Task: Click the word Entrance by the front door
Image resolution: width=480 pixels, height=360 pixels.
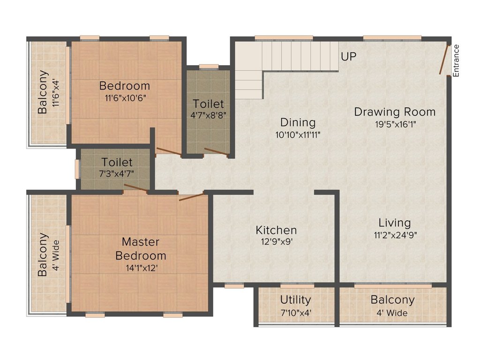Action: click(456, 60)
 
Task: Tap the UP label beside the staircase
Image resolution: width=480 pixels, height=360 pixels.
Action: click(349, 57)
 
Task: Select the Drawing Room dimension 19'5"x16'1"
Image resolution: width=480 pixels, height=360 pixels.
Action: click(396, 125)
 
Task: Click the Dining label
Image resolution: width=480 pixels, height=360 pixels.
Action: click(298, 122)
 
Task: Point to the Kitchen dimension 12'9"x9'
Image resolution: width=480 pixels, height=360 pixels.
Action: click(277, 241)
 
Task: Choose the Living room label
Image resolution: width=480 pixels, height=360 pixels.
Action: click(395, 223)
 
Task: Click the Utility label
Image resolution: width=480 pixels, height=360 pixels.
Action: click(295, 300)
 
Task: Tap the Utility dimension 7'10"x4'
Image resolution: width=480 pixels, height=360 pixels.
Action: click(296, 313)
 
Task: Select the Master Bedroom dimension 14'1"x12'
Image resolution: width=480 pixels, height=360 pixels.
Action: click(142, 268)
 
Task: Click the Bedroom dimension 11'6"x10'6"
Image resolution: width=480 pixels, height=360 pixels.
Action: click(125, 98)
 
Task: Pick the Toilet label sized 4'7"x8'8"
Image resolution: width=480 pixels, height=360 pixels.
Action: click(208, 104)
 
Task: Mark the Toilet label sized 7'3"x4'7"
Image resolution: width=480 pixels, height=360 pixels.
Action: click(117, 162)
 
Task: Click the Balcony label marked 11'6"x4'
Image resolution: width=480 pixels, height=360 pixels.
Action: click(43, 92)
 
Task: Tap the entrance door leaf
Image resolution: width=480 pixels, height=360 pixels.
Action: click(444, 60)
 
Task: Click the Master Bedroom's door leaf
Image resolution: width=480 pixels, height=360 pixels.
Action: click(191, 197)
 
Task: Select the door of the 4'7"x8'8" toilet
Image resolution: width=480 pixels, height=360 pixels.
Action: click(216, 152)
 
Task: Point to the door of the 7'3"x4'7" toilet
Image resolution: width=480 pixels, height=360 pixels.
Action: click(135, 187)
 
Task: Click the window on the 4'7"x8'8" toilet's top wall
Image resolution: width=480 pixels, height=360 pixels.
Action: click(209, 67)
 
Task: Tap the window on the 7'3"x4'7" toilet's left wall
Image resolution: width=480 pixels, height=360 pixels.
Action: click(77, 169)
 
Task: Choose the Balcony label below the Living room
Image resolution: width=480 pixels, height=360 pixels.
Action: click(392, 300)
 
